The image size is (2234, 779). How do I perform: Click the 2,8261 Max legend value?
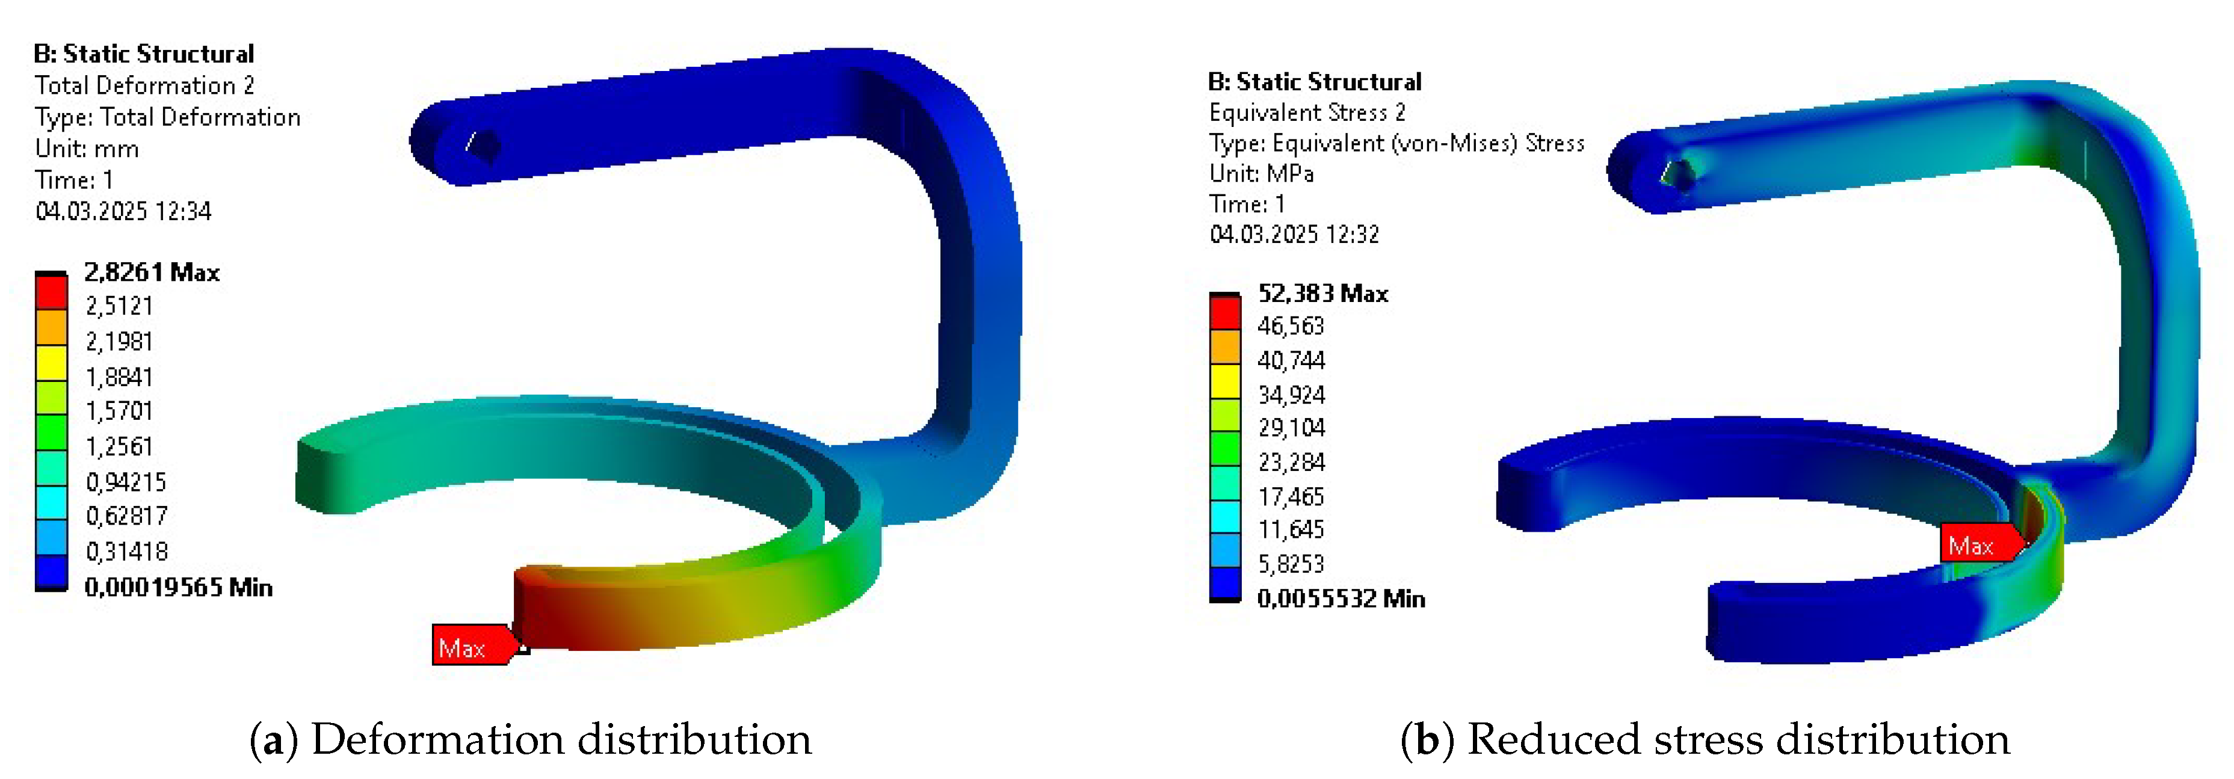click(x=151, y=272)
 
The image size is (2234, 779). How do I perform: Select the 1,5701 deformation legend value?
click(x=119, y=410)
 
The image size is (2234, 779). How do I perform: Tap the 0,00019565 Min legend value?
click(x=177, y=587)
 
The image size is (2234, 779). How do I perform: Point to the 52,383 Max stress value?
click(x=1322, y=293)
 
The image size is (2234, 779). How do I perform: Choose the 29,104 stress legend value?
click(x=1291, y=428)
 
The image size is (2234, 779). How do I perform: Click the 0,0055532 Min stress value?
click(x=1341, y=599)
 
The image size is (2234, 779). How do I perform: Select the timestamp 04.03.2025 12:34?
click(x=123, y=211)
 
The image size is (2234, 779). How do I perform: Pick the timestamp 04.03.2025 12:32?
click(x=1294, y=234)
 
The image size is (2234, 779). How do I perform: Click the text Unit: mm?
click(x=87, y=149)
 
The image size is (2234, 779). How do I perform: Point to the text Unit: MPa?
click(x=1261, y=173)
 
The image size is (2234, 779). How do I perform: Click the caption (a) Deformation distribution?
click(x=531, y=739)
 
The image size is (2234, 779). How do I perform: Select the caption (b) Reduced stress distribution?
click(x=1705, y=739)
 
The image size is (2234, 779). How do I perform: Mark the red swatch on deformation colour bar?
click(x=51, y=292)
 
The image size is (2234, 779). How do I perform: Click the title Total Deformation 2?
click(x=144, y=85)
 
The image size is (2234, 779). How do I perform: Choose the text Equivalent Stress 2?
click(x=1307, y=112)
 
